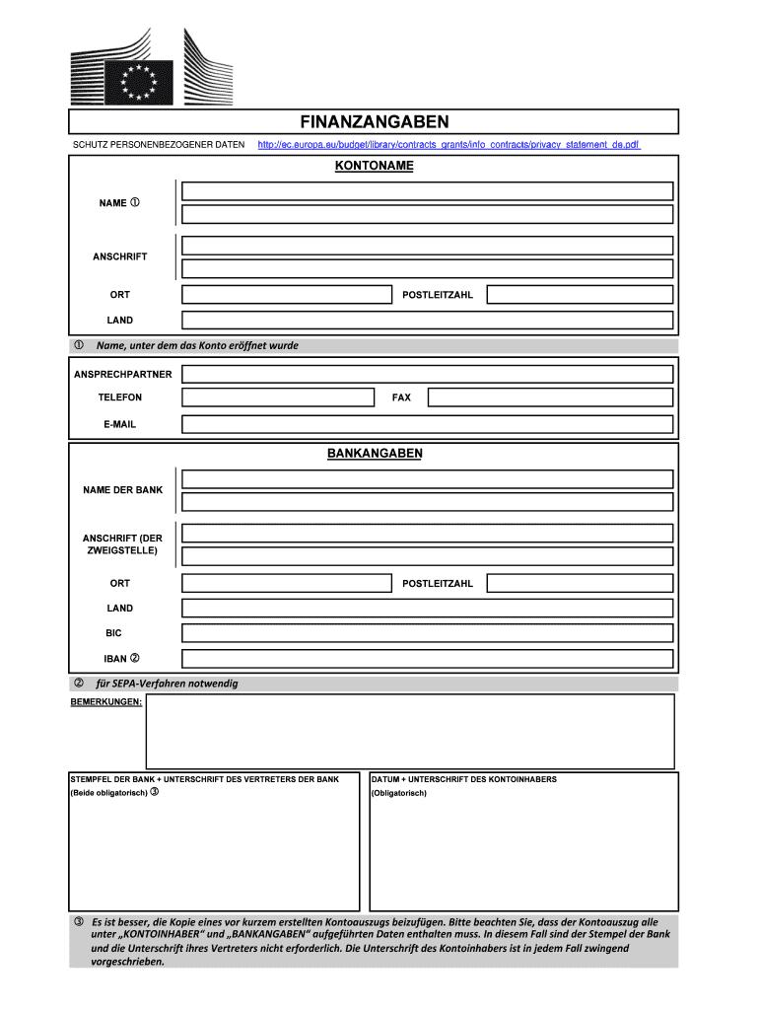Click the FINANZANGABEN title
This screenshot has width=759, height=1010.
tap(374, 121)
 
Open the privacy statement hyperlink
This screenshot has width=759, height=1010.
tap(448, 145)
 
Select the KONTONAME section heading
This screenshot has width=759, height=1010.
tap(374, 166)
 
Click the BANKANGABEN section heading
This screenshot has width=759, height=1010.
tap(374, 454)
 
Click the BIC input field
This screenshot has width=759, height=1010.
tap(428, 633)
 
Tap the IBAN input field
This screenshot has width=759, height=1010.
tap(428, 659)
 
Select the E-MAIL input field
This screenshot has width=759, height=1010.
tap(428, 424)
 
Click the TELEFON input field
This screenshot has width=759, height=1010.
tap(278, 397)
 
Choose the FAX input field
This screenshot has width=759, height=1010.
tap(550, 397)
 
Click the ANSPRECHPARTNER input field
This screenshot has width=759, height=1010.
tap(428, 374)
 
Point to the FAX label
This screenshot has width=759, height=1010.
tap(401, 397)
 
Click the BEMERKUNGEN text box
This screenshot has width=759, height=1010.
tap(410, 731)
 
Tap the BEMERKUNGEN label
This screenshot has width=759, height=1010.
tap(106, 701)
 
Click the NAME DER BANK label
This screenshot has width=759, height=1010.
tap(123, 490)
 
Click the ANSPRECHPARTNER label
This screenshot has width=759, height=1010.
tap(123, 374)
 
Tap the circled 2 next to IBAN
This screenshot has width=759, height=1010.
tap(135, 658)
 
